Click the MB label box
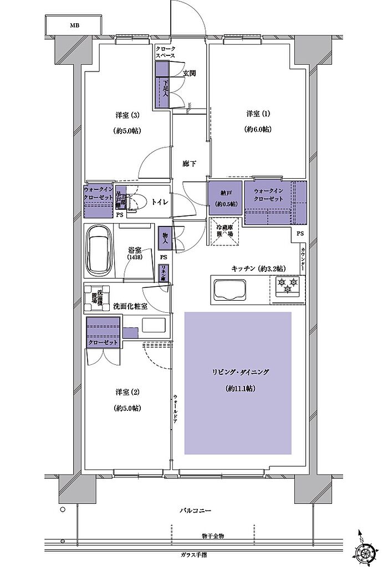tap(74, 25)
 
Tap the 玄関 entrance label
tap(190, 73)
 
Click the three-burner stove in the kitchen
tap(288, 286)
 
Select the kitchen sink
tap(230, 288)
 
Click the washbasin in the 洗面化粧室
tap(153, 324)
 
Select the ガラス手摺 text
tap(194, 554)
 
